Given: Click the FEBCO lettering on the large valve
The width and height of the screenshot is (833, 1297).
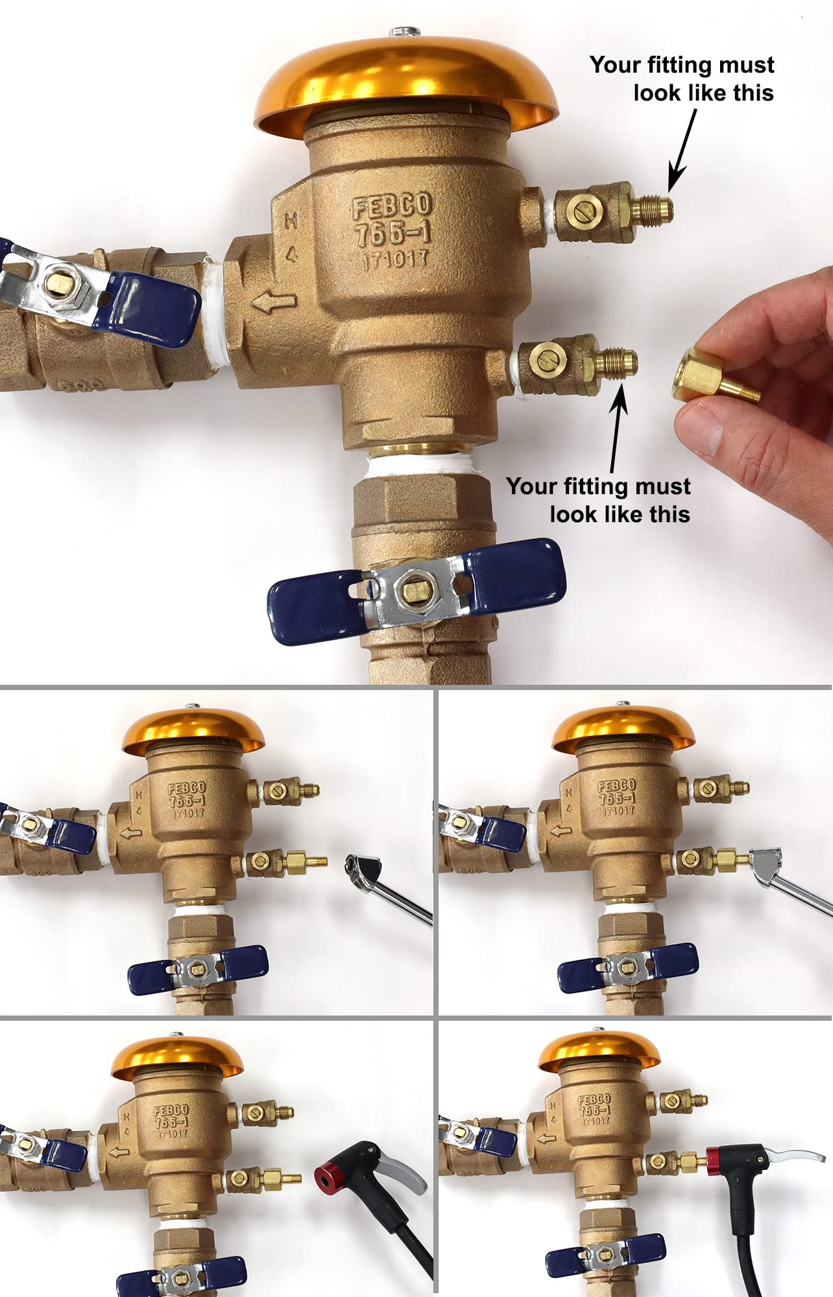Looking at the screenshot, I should coord(392,206).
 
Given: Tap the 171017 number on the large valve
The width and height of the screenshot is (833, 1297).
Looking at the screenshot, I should coord(395,260).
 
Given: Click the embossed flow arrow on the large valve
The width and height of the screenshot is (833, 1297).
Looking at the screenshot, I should coord(274,302).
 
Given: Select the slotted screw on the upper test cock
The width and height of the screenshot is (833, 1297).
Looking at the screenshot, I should coord(581,209).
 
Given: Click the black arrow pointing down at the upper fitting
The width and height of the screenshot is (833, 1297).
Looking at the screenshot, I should coord(683,149).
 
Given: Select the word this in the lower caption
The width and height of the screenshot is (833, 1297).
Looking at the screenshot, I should coord(670,514).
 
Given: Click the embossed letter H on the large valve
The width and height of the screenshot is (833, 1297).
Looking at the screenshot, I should coord(291,221).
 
